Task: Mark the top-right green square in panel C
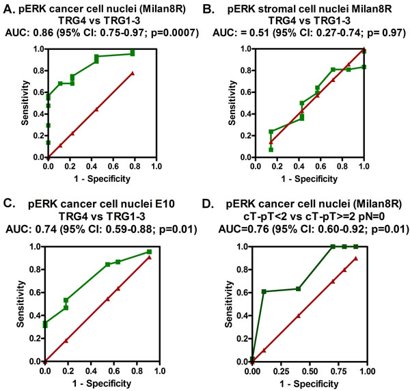tap(149, 252)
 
